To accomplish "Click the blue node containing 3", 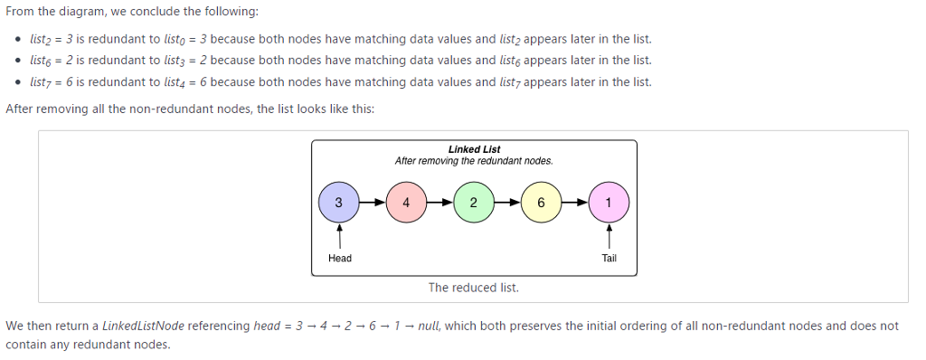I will coord(339,203).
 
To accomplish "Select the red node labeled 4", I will coord(406,203).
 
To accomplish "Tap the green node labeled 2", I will coord(473,203).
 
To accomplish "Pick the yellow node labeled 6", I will coord(540,203).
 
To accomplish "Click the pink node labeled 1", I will coord(609,203).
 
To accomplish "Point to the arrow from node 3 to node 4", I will coord(373,203).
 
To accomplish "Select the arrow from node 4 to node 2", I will coord(439,203).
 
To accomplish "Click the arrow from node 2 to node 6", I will coord(506,203).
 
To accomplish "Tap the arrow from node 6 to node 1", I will coord(574,203).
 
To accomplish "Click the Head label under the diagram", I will coord(340,259).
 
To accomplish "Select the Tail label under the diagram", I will coord(609,259).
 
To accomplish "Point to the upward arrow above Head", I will coord(339,237).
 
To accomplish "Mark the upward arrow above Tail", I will coord(609,237).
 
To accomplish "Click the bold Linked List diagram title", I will coord(474,149).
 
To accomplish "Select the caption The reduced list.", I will coord(474,288).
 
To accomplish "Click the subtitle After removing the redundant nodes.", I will coord(474,161).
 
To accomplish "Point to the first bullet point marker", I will coord(19,41).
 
